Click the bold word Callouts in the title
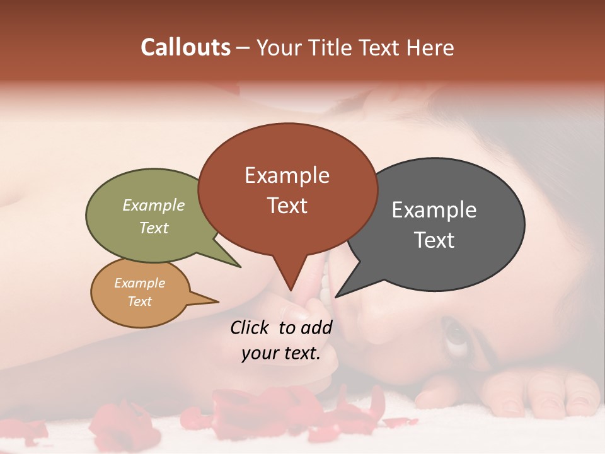click(185, 47)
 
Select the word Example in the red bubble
click(287, 175)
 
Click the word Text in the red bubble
click(287, 206)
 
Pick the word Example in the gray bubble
click(434, 210)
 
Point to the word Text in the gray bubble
click(434, 240)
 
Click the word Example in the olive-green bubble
click(154, 205)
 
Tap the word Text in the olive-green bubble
click(154, 228)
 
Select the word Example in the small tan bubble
click(139, 283)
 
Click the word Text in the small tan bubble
click(139, 301)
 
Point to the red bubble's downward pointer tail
click(290, 277)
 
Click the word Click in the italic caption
click(250, 327)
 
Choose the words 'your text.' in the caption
click(280, 353)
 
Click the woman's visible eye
click(456, 335)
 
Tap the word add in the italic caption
click(316, 327)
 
